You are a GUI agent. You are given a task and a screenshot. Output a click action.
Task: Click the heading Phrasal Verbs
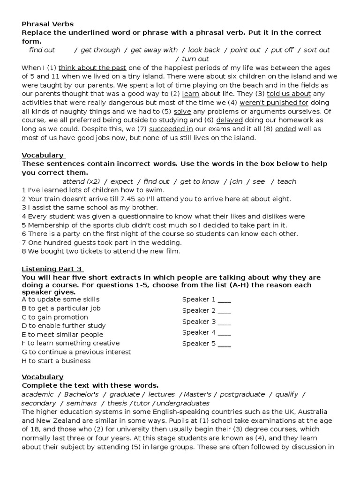pos(47,24)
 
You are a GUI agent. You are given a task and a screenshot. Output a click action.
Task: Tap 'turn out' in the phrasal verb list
pos(195,59)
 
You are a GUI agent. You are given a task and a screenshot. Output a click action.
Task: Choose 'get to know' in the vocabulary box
pos(199,181)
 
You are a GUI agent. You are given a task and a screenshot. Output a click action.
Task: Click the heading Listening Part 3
pos(52,269)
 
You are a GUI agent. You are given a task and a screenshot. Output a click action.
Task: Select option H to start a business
pos(56,361)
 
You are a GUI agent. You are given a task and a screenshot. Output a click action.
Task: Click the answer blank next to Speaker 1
pos(224,300)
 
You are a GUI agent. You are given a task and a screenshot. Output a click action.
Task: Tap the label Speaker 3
pos(199,322)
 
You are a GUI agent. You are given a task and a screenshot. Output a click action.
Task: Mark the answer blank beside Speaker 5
pos(224,344)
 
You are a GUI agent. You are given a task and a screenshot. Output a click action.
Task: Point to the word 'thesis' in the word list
pos(117,404)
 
